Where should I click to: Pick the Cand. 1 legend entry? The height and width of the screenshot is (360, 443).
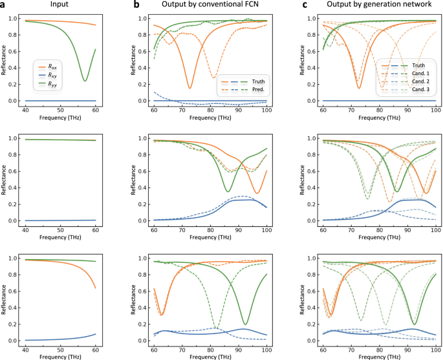[x=416, y=74]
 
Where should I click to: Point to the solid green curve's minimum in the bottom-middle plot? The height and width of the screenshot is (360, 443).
[x=246, y=324]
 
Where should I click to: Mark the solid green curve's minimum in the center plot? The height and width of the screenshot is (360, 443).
[x=227, y=191]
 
